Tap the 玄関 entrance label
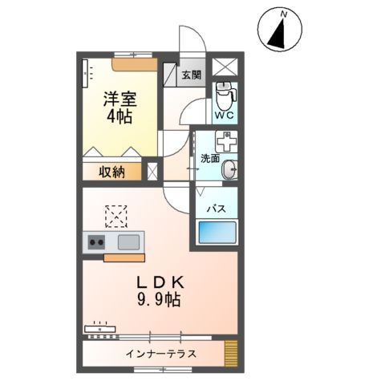191,76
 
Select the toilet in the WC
225,95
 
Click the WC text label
225,115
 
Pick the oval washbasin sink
231,169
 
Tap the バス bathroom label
217,208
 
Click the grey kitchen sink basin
129,241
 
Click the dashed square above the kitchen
117,215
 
